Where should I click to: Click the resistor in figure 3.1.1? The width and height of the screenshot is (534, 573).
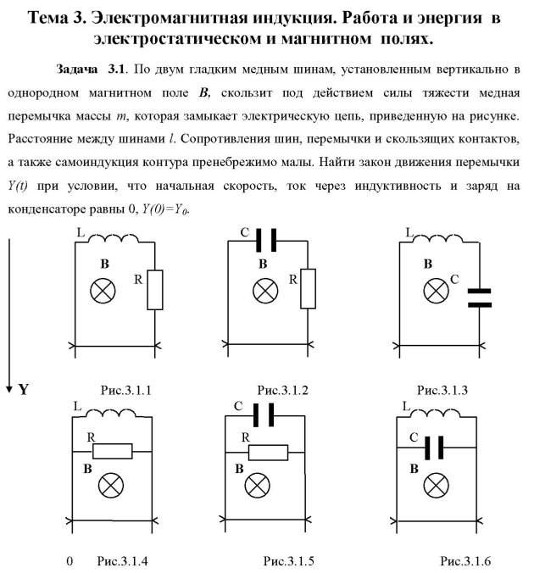click(155, 290)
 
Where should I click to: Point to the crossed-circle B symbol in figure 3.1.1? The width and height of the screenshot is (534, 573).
click(105, 290)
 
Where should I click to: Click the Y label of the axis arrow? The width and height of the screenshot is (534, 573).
click(25, 392)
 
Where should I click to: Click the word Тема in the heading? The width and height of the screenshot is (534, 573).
click(54, 18)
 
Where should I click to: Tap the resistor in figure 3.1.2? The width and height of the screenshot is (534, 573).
click(306, 290)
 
